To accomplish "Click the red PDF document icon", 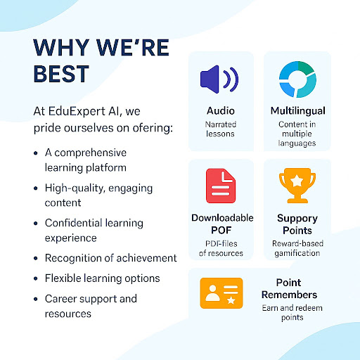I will [x=221, y=187].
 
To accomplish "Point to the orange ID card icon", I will [x=221, y=293].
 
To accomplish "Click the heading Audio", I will [x=221, y=111].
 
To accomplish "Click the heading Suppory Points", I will [x=297, y=224].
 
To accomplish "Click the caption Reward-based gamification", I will [x=297, y=248].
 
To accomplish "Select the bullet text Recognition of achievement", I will [x=110, y=258].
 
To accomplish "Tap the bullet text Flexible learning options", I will [x=102, y=278].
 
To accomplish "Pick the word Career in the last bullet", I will [x=60, y=298].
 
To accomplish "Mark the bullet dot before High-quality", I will [x=36, y=188].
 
